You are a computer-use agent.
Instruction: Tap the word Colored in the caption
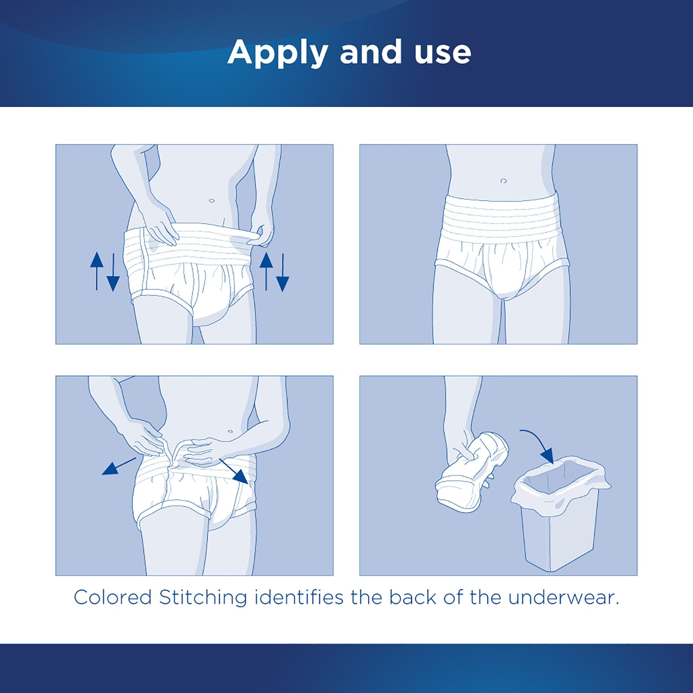pyautogui.click(x=113, y=598)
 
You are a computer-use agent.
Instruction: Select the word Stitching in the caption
pyautogui.click(x=203, y=598)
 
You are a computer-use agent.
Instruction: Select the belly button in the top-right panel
pyautogui.click(x=503, y=181)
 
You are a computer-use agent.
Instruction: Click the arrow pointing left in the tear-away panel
pyautogui.click(x=119, y=466)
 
